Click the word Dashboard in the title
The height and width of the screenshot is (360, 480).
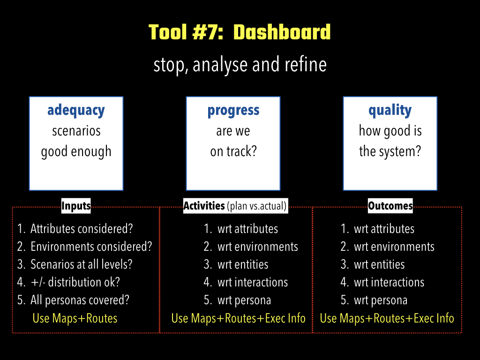tap(282, 32)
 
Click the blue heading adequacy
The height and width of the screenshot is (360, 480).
tap(76, 111)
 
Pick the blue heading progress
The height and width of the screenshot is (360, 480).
tap(233, 111)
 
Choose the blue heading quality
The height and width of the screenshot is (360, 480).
tap(390, 111)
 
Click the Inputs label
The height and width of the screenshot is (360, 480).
tap(76, 206)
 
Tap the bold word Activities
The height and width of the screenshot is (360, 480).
tap(204, 206)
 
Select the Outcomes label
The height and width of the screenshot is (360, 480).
tap(390, 206)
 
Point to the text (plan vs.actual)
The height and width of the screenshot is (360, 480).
tap(257, 206)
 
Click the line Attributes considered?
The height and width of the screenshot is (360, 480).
tap(82, 229)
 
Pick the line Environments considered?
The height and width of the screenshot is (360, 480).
tap(91, 247)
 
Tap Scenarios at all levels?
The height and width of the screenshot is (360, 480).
tap(81, 264)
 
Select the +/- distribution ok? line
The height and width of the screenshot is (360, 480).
tap(75, 282)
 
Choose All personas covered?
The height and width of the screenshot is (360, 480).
tap(80, 300)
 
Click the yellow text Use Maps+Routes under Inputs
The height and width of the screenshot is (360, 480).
tap(75, 318)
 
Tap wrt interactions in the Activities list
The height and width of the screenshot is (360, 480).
tap(253, 282)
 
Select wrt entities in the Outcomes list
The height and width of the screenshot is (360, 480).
tap(379, 264)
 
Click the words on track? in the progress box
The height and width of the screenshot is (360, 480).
tap(233, 151)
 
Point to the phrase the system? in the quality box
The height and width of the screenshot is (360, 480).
tap(390, 151)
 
